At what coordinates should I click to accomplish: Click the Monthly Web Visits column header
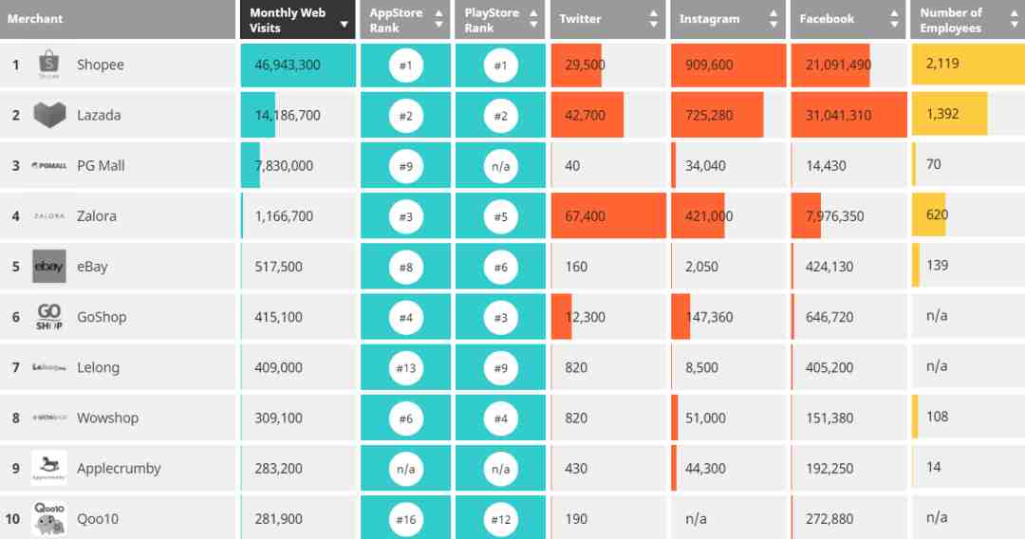288,20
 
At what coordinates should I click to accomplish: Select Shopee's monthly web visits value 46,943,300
288,65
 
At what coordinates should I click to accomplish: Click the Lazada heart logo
49,115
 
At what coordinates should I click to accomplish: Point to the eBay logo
49,267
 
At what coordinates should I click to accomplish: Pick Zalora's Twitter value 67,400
585,216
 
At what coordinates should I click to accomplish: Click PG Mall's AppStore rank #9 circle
406,166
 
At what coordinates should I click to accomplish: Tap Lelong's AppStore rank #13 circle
406,368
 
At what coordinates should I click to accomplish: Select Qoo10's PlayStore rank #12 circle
501,519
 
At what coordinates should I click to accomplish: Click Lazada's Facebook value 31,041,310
838,116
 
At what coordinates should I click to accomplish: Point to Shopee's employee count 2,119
942,64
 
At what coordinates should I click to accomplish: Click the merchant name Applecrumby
119,469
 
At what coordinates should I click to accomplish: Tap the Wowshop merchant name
107,418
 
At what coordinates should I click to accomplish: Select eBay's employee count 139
938,266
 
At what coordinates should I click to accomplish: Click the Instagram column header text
709,19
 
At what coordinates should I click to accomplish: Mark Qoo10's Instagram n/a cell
697,519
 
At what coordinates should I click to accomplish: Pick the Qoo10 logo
49,519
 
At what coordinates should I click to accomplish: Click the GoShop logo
49,317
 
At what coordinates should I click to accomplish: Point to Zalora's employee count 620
938,215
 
